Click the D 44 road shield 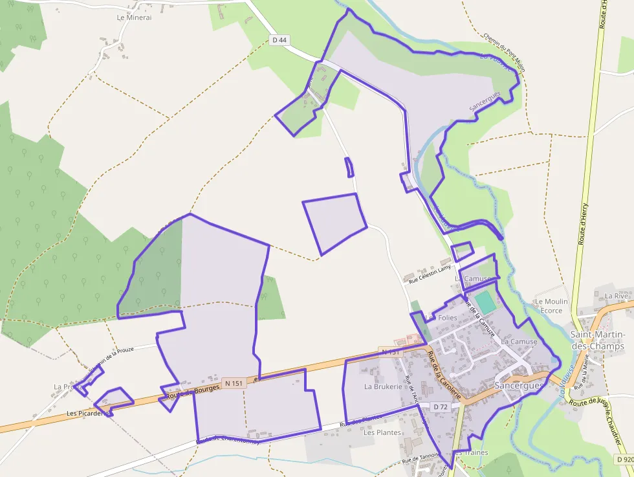point(279,40)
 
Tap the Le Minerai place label point(134,17)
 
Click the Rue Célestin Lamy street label point(429,274)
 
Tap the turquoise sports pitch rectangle point(485,302)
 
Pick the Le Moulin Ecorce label point(551,305)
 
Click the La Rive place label point(617,296)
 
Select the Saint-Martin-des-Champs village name point(596,340)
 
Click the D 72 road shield point(441,406)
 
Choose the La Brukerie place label point(383,386)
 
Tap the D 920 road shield point(624,459)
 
